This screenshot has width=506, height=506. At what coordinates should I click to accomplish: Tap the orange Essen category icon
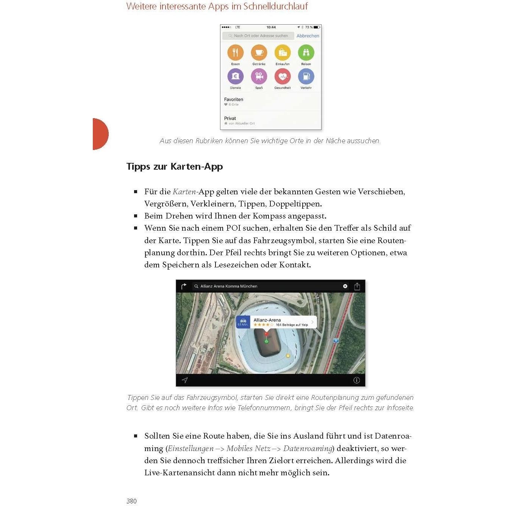pyautogui.click(x=235, y=53)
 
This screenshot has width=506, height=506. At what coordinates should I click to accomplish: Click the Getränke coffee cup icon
pyautogui.click(x=259, y=53)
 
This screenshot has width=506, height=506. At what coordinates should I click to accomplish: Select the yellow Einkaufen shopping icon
pyautogui.click(x=283, y=53)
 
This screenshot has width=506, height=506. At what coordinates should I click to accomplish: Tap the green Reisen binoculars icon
pyautogui.click(x=306, y=53)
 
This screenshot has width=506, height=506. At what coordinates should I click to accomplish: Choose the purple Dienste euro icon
pyautogui.click(x=235, y=77)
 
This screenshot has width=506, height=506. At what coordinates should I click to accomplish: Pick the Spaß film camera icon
pyautogui.click(x=259, y=77)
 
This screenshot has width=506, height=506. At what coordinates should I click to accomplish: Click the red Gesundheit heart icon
pyautogui.click(x=283, y=77)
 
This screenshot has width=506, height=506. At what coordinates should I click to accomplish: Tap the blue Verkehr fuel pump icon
pyautogui.click(x=306, y=77)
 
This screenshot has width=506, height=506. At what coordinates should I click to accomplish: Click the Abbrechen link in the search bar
pyautogui.click(x=308, y=36)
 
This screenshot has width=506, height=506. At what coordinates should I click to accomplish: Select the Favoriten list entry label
pyautogui.click(x=234, y=100)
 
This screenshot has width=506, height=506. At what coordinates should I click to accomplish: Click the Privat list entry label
pyautogui.click(x=230, y=119)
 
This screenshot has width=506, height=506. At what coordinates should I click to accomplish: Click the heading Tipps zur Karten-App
pyautogui.click(x=175, y=167)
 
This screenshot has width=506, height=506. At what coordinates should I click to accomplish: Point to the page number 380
pyautogui.click(x=131, y=501)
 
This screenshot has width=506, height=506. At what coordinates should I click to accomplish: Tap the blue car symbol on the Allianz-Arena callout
pyautogui.click(x=243, y=322)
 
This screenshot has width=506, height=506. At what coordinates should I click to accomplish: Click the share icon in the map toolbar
pyautogui.click(x=357, y=286)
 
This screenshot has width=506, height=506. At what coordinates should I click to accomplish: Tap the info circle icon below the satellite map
pyautogui.click(x=356, y=380)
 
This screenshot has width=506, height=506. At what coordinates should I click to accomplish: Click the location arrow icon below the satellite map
pyautogui.click(x=185, y=380)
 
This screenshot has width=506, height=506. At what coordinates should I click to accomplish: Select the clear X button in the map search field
pyautogui.click(x=345, y=286)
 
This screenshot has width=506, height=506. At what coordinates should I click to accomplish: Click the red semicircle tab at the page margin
pyautogui.click(x=100, y=134)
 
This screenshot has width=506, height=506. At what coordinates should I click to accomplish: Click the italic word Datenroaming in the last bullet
pyautogui.click(x=308, y=448)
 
